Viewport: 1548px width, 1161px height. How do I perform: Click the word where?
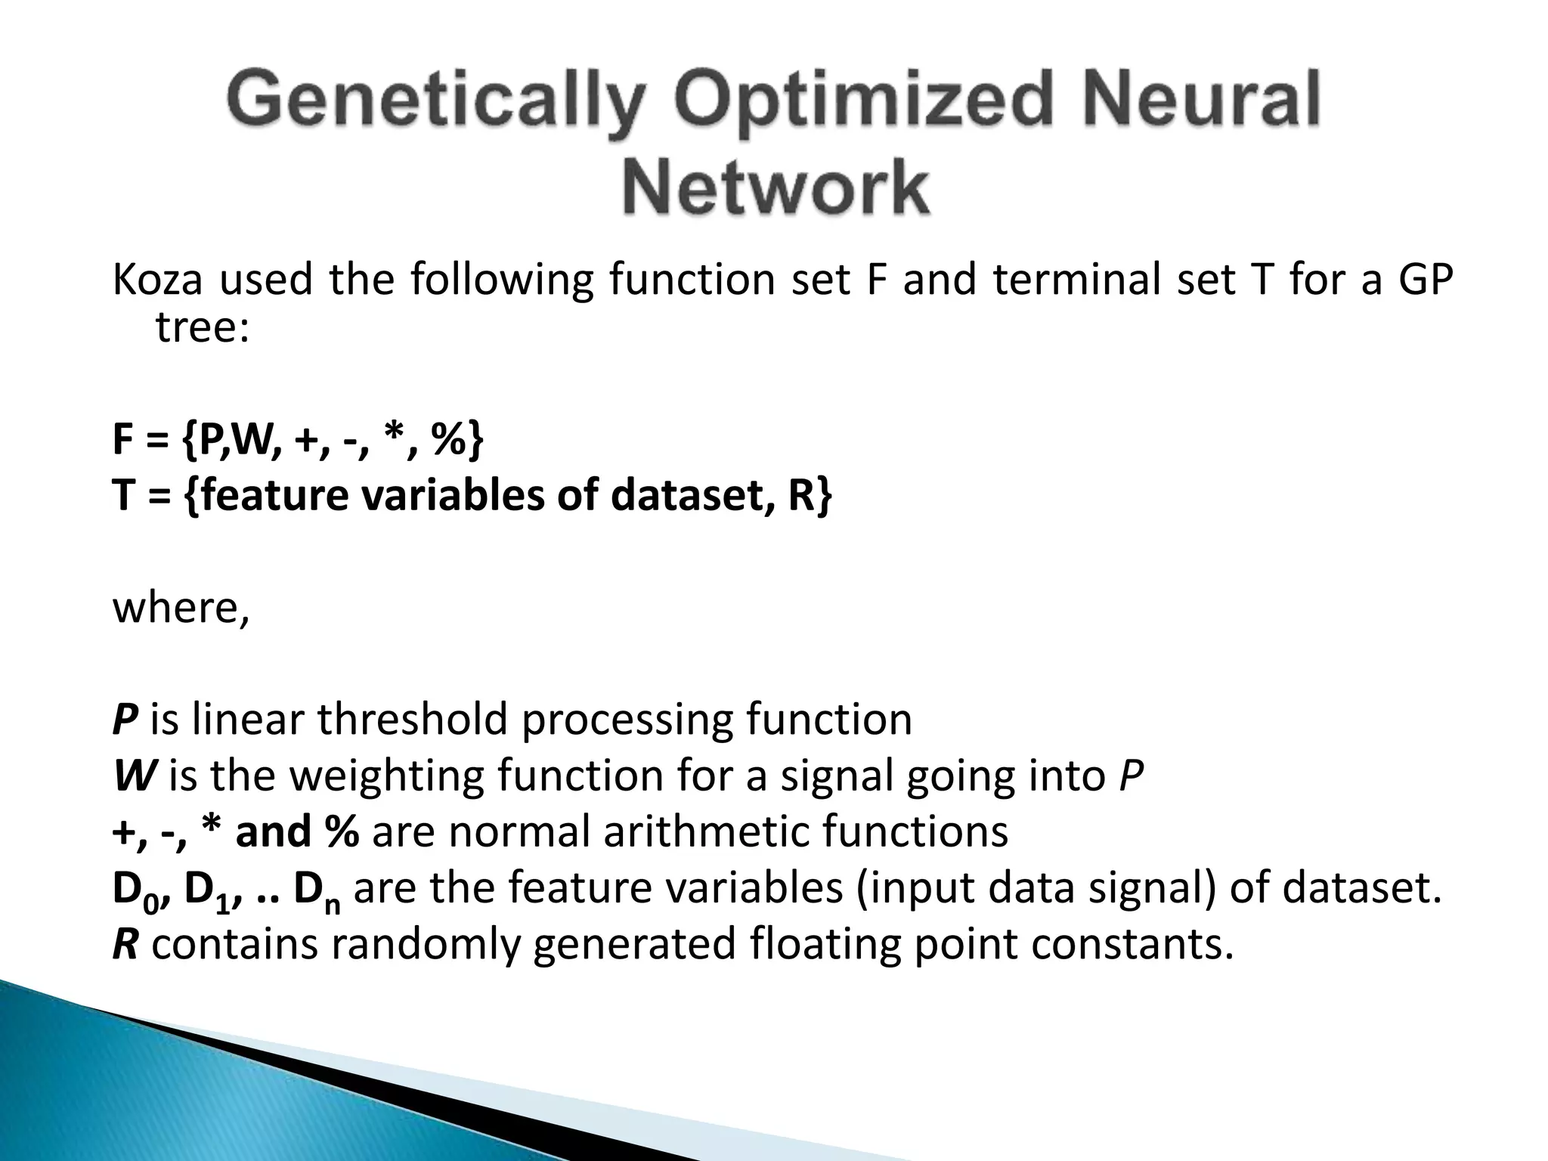181,608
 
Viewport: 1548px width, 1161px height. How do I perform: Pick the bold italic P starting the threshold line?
124,719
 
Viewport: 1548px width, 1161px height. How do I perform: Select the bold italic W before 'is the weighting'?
134,776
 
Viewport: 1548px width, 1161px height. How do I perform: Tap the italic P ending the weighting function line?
1130,776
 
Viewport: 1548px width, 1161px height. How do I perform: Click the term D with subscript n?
316,890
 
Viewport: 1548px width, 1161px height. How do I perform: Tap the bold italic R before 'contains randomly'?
125,945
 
